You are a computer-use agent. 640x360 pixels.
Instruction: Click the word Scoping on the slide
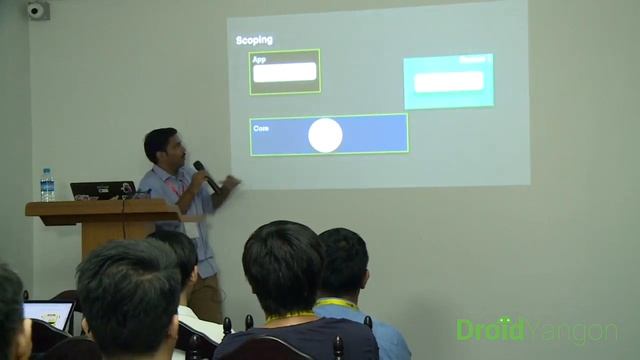pos(254,40)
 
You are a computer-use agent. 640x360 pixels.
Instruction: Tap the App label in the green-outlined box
pos(259,59)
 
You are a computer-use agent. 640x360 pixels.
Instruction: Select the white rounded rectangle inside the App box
pos(285,72)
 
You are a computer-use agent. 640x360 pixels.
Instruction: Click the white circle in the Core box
pos(325,135)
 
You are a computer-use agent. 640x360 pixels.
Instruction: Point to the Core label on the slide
pos(261,128)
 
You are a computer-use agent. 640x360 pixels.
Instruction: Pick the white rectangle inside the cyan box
pos(449,81)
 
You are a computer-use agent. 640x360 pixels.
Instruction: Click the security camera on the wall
pos(37,11)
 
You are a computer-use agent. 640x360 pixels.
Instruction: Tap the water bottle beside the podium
pos(47,185)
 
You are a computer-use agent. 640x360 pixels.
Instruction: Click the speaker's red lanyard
pos(176,187)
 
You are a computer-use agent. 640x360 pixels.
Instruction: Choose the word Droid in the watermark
pos(489,329)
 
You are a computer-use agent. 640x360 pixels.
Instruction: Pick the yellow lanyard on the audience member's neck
pos(335,302)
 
